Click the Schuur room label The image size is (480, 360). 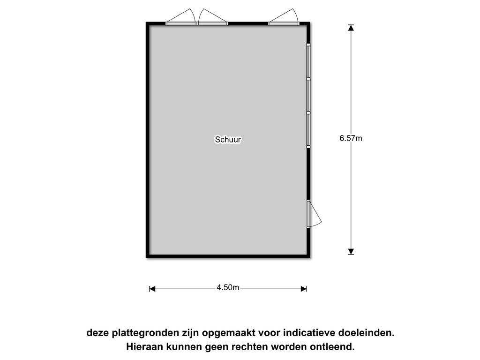pos(228,140)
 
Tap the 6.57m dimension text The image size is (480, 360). pos(351,138)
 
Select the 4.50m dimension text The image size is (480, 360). pos(228,287)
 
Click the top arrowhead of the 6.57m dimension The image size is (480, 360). pos(351,28)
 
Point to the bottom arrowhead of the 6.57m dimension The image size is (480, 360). pos(351,252)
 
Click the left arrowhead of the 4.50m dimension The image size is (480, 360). pos(152,289)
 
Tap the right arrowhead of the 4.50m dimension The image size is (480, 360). pos(304,289)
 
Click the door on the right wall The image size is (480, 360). pos(313,214)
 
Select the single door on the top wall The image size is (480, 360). pos(284,17)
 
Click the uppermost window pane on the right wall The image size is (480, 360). pos(308,61)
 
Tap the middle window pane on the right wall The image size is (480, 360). pos(308,96)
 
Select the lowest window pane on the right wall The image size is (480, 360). pos(308,130)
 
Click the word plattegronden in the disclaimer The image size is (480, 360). pos(145,333)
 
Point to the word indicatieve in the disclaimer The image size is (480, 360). pos(309,332)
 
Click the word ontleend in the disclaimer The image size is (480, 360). pos(332,347)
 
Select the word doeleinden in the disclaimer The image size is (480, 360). pos(367,332)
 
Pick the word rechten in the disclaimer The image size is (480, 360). pos(249,347)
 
